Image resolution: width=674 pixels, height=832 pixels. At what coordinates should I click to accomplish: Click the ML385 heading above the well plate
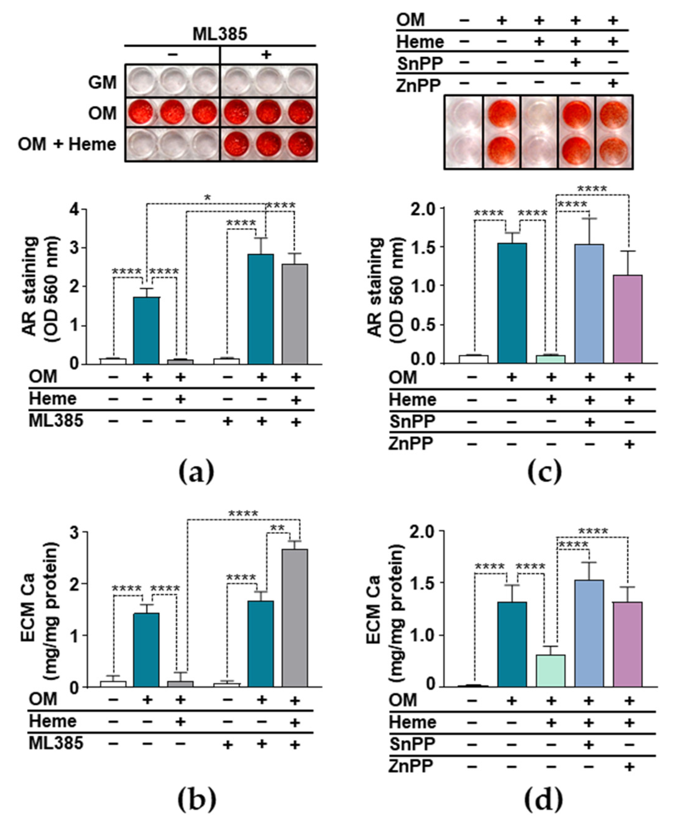pos(220,35)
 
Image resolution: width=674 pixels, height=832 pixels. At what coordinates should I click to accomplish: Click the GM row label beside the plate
pos(103,83)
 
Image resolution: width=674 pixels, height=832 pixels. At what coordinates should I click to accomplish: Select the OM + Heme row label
pos(67,144)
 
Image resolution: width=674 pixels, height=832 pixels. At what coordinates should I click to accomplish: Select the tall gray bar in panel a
pos(295,314)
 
